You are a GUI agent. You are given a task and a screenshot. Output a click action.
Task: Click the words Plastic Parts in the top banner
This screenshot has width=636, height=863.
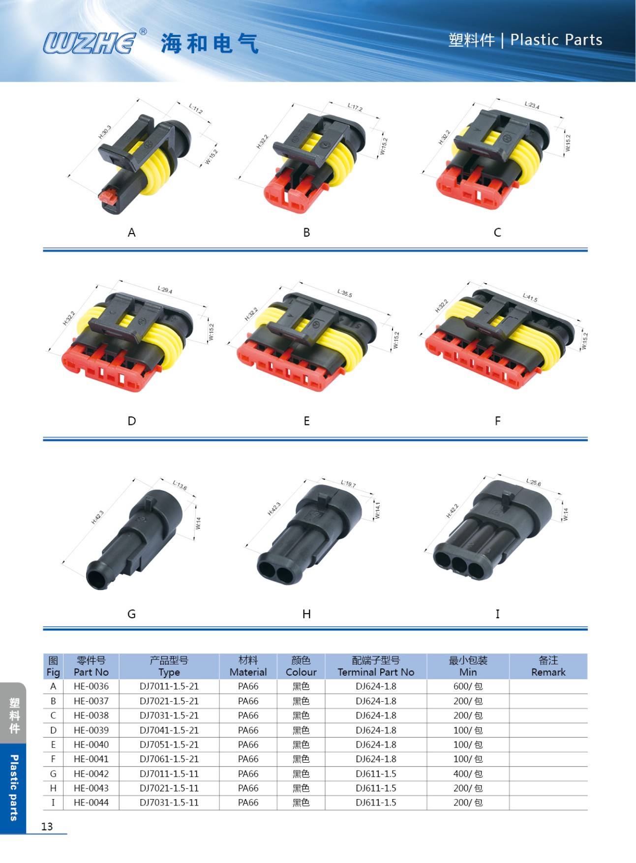pyautogui.click(x=556, y=40)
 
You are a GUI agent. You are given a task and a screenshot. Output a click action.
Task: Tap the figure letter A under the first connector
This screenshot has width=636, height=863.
pyautogui.click(x=131, y=233)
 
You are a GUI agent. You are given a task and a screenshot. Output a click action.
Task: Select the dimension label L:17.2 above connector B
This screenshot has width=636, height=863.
pyautogui.click(x=355, y=107)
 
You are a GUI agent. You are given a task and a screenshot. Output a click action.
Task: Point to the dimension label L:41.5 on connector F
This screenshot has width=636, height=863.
pyautogui.click(x=530, y=297)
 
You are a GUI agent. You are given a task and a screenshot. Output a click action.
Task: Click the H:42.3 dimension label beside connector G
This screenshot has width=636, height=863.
pyautogui.click(x=98, y=517)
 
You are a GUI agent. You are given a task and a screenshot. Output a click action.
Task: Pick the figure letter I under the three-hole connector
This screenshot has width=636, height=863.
pyautogui.click(x=497, y=614)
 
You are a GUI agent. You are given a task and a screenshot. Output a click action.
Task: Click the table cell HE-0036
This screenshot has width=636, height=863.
pyautogui.click(x=91, y=686)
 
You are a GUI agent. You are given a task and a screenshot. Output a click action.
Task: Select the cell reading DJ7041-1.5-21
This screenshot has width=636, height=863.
pyautogui.click(x=169, y=730)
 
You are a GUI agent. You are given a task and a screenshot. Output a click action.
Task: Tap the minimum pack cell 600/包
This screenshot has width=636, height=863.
pyautogui.click(x=468, y=686)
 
